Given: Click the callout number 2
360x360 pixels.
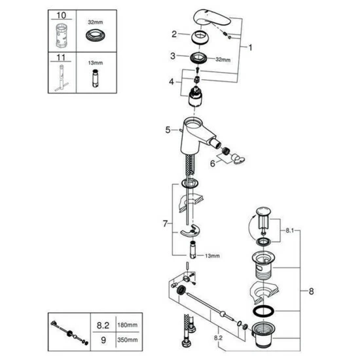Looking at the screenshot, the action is (x=174, y=34).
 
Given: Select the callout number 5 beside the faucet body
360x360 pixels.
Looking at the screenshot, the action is (x=168, y=130).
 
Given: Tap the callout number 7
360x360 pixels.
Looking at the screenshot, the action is (x=166, y=223).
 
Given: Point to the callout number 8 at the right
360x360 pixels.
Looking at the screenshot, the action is (x=311, y=291).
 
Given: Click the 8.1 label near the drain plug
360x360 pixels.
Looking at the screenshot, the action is (x=289, y=230).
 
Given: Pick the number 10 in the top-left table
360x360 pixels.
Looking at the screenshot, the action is (x=62, y=16).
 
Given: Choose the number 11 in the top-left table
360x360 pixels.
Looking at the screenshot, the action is (x=61, y=58).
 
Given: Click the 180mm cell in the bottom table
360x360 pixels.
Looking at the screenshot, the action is (x=128, y=325).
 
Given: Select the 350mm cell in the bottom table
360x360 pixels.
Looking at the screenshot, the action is (x=128, y=340).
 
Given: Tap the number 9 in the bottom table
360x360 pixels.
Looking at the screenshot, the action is (x=103, y=340).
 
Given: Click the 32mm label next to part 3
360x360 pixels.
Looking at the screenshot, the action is (x=223, y=60).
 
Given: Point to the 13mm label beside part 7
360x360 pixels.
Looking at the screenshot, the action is (x=212, y=255).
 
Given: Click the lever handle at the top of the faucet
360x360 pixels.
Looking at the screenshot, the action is (x=211, y=18).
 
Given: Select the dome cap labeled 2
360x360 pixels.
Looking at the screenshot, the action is (x=200, y=37).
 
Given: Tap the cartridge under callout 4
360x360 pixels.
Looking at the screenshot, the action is (x=195, y=97).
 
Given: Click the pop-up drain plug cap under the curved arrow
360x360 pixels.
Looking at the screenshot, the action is (x=264, y=211).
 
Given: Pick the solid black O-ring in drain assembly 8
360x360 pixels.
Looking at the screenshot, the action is (x=263, y=311).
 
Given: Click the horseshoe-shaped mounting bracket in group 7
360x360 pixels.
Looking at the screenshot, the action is (x=190, y=231).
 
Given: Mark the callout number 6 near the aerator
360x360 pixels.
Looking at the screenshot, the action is (x=213, y=164).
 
